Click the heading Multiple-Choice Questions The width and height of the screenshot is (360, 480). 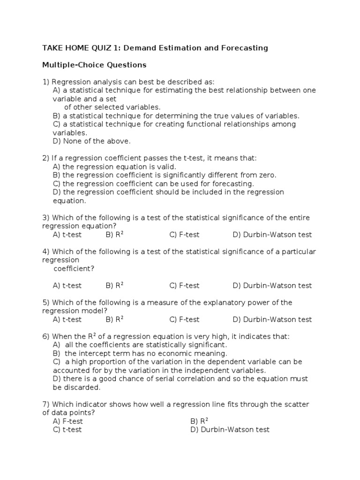point(94,65)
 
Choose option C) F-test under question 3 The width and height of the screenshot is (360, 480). point(184,235)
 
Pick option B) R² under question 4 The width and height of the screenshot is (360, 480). point(114,285)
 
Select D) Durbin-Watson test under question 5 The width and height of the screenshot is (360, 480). point(272,320)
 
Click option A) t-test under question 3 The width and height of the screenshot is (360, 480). point(67,235)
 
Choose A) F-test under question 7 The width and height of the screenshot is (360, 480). point(68,421)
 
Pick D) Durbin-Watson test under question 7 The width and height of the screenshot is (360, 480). point(230,430)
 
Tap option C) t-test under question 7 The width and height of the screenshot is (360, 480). point(67,430)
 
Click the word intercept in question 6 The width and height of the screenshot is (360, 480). point(93,353)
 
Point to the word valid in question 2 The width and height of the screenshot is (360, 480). point(166,167)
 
